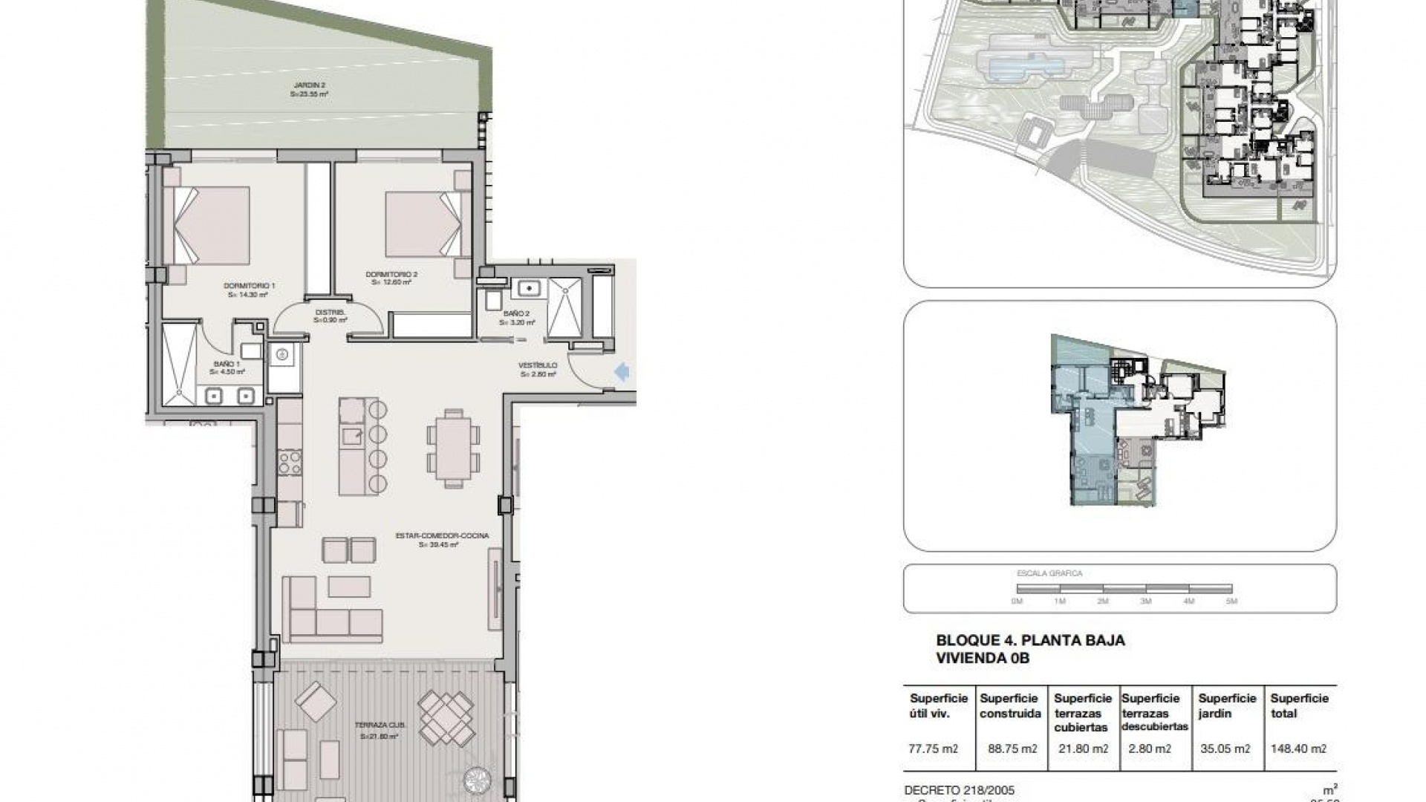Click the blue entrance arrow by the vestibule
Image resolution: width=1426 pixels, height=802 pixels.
(x=622, y=371)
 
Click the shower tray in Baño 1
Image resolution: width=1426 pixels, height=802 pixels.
(x=179, y=365)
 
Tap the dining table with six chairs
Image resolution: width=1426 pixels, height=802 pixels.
(x=452, y=448)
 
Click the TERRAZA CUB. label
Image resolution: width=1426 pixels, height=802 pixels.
(x=379, y=731)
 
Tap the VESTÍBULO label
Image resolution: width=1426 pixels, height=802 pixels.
(x=538, y=370)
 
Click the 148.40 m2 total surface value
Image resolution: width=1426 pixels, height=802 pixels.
(x=1298, y=749)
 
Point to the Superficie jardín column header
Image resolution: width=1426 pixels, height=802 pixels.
(x=1227, y=705)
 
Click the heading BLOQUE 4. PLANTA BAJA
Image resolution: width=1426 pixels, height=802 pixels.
(x=1030, y=640)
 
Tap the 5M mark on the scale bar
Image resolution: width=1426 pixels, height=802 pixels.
(x=1231, y=601)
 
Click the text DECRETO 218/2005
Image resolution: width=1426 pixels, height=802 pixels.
(x=959, y=790)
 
